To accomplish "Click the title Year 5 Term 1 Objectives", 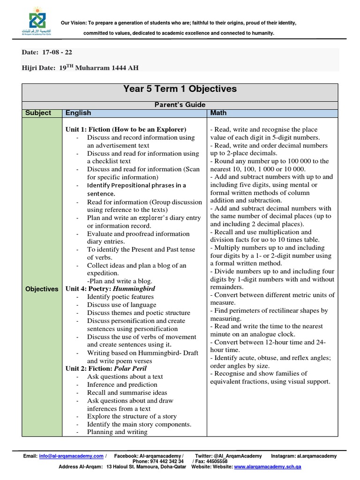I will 180,89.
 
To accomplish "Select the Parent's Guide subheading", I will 180,105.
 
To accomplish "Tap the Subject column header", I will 38,113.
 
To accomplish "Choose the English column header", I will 78,113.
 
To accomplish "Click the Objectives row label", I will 42,289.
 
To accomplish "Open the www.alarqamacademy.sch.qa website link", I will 274,467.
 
